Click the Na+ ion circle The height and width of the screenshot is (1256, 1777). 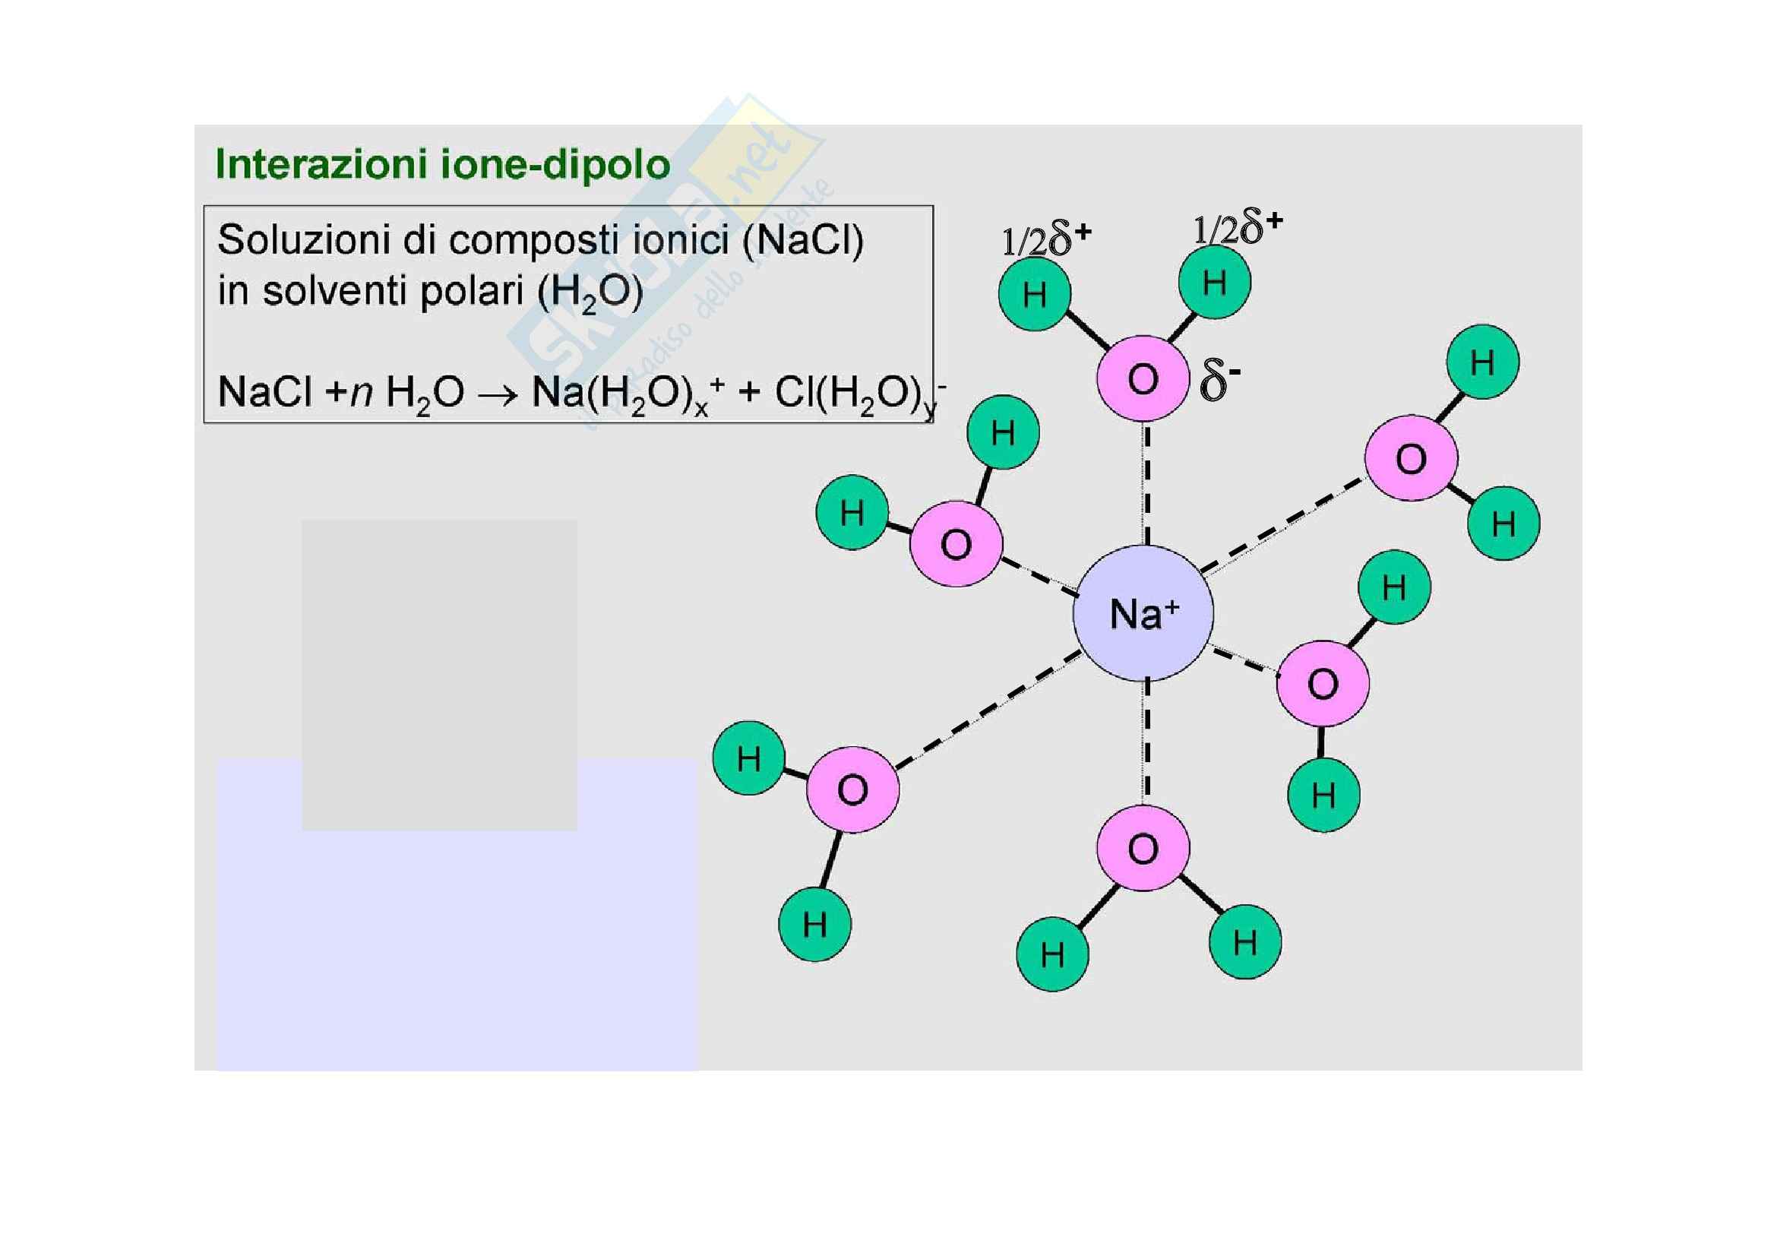click(1143, 613)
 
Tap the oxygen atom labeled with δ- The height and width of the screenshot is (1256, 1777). click(1143, 379)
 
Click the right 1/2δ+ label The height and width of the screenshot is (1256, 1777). click(1238, 228)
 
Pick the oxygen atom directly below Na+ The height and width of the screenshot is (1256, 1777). click(1143, 849)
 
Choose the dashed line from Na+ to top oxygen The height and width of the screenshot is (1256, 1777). click(1147, 482)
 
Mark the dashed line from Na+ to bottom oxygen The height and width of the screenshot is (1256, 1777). click(1147, 743)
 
